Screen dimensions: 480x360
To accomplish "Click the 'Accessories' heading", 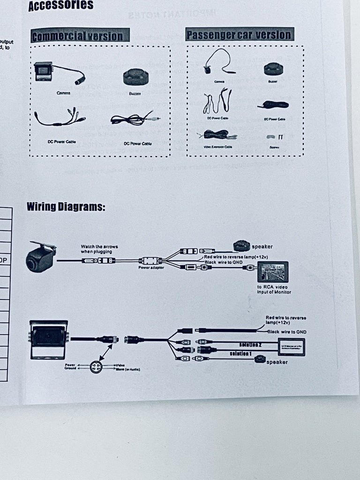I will click(x=60, y=6).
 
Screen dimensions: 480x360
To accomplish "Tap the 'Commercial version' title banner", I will click(x=79, y=36).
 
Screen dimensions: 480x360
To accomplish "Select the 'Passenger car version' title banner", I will click(x=239, y=34).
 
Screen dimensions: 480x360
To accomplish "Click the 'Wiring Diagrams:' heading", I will click(x=66, y=207).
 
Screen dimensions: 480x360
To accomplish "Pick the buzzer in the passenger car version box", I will click(x=273, y=69).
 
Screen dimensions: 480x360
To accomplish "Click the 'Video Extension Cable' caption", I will click(x=219, y=147).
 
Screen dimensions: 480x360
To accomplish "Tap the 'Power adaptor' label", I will click(x=151, y=268).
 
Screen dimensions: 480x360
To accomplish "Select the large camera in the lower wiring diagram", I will click(x=49, y=339).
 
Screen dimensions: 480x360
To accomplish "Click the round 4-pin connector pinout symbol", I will click(x=96, y=367).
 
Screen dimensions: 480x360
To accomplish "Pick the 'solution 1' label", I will click(x=240, y=352).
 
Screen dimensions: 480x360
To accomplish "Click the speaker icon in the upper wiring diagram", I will click(x=242, y=246).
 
